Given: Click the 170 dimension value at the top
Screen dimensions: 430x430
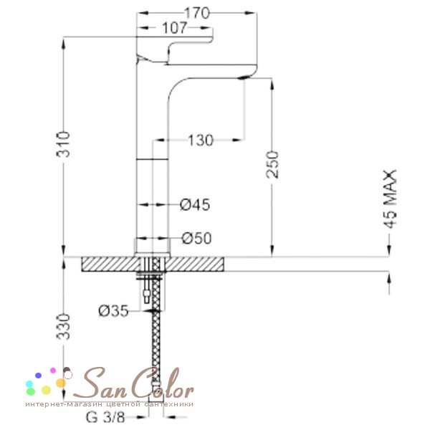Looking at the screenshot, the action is point(197,13).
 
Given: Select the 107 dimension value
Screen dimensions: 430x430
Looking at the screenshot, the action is point(175,28).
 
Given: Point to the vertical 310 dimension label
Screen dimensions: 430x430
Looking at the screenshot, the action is point(63,144).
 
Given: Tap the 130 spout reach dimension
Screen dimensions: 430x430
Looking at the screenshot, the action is point(201,140).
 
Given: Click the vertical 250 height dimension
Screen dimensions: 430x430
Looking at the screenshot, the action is point(272,165).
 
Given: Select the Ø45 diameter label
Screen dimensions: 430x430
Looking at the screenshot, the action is point(195,205).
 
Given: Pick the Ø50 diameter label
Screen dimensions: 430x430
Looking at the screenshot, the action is point(196,239).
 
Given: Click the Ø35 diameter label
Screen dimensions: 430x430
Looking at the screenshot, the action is point(113,311).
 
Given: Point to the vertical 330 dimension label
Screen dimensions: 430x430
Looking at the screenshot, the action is point(63,327).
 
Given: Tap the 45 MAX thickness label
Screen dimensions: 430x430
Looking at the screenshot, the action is point(390,199).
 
